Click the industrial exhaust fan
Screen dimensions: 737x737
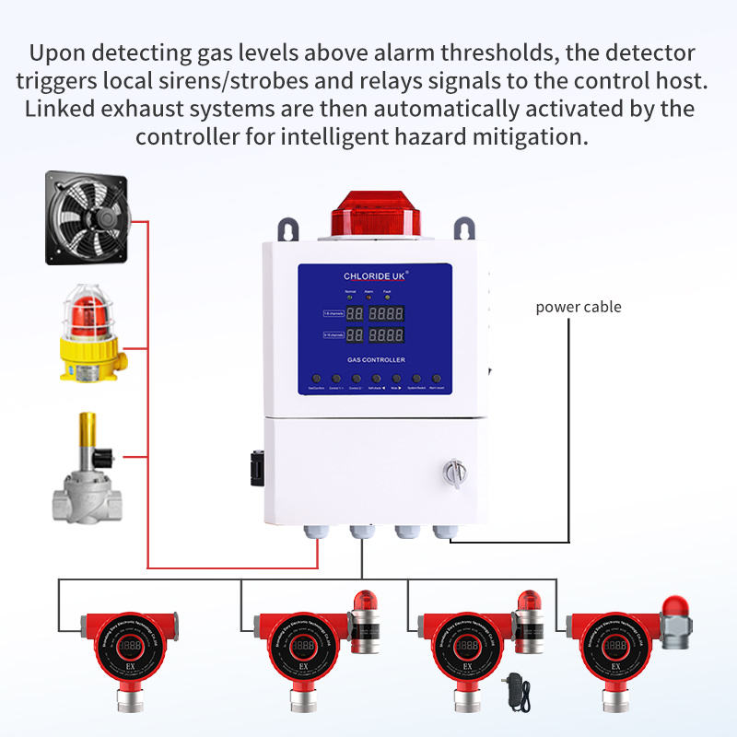tap(89, 218)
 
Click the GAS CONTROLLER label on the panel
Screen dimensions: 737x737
tap(375, 359)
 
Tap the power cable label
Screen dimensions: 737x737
tap(579, 307)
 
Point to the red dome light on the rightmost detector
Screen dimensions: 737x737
tap(677, 604)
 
